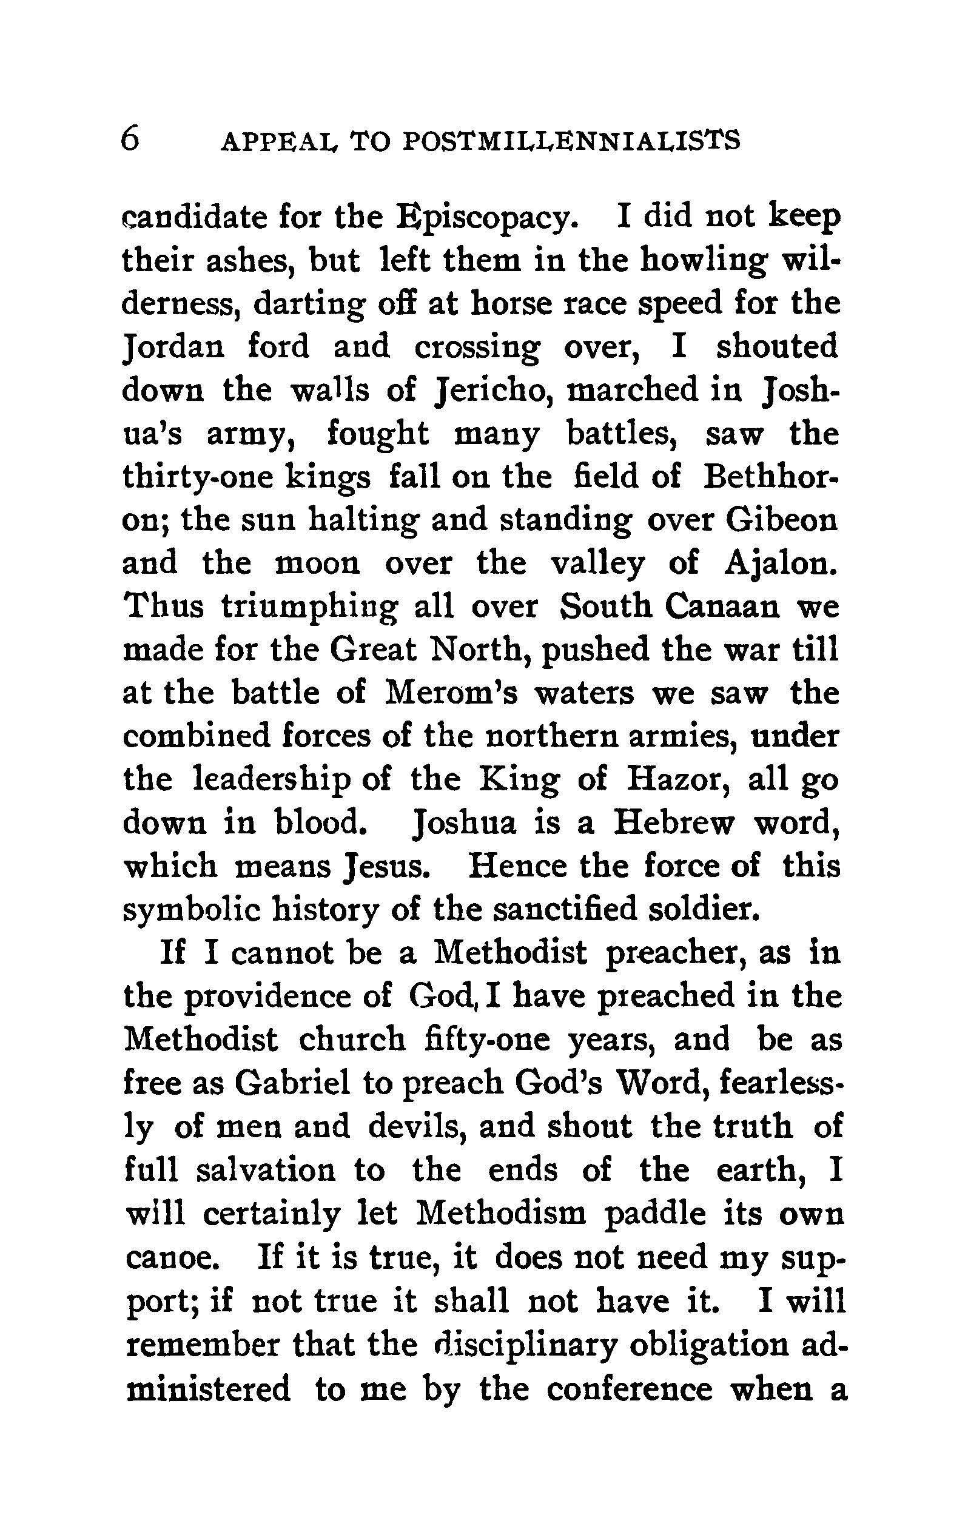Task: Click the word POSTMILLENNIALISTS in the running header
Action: pos(571,141)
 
